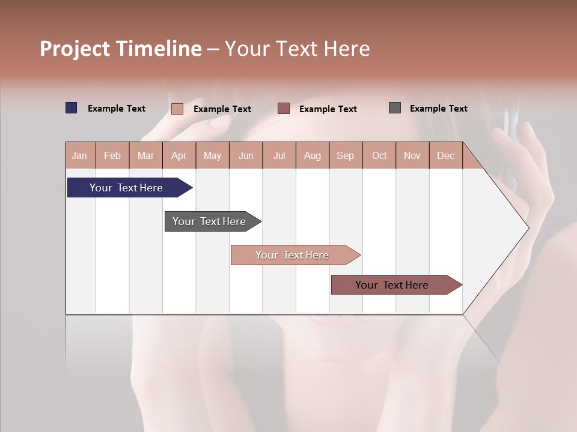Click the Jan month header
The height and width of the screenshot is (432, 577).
click(80, 155)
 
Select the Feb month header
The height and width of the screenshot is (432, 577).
click(112, 155)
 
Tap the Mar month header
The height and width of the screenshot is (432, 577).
click(145, 155)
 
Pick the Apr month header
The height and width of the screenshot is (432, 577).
click(179, 155)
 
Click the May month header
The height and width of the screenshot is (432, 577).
click(212, 155)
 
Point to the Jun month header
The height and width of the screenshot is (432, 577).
click(246, 155)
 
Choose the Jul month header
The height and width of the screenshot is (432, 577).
click(279, 155)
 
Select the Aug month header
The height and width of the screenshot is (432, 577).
click(313, 155)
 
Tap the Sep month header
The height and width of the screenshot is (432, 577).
click(346, 155)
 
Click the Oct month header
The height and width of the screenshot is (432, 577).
click(379, 155)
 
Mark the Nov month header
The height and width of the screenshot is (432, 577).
click(412, 155)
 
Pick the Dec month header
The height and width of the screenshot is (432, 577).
click(446, 155)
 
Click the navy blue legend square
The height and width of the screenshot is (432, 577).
click(72, 108)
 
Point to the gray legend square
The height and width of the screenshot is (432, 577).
click(395, 108)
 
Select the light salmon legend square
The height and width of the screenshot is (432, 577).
click(177, 109)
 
